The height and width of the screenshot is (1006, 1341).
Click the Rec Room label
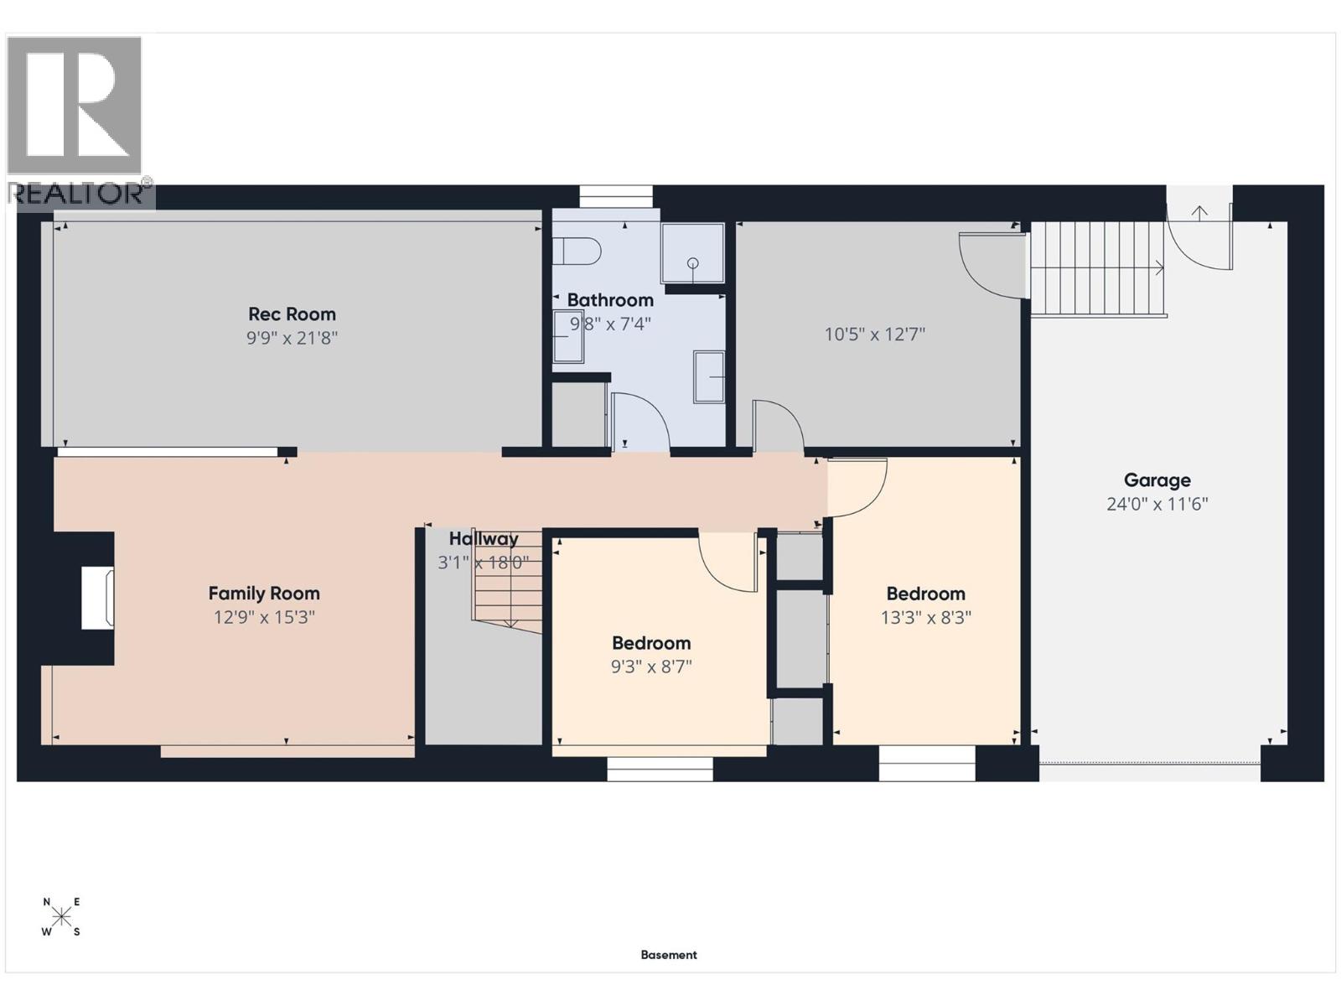tap(292, 314)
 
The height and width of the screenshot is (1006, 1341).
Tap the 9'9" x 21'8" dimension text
tap(292, 339)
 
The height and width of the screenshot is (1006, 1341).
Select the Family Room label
tap(264, 594)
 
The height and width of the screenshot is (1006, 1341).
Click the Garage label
tap(1157, 480)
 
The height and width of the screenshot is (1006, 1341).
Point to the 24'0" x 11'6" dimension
tap(1157, 505)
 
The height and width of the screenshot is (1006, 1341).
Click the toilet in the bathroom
tap(580, 251)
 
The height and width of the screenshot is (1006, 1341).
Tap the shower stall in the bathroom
tap(692, 252)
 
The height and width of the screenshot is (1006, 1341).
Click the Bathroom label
tap(610, 300)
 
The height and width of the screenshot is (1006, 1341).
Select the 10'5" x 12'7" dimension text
tap(874, 334)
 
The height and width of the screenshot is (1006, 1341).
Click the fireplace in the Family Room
tap(97, 598)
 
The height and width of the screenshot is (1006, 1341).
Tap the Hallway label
tap(484, 539)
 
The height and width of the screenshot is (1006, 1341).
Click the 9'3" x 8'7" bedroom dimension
tap(651, 667)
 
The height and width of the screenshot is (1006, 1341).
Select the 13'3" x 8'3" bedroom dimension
tap(925, 618)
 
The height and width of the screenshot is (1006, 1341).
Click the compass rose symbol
tap(61, 916)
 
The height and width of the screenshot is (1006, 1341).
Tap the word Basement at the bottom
tap(669, 955)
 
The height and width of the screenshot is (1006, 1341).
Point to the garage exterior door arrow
tap(1199, 213)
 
